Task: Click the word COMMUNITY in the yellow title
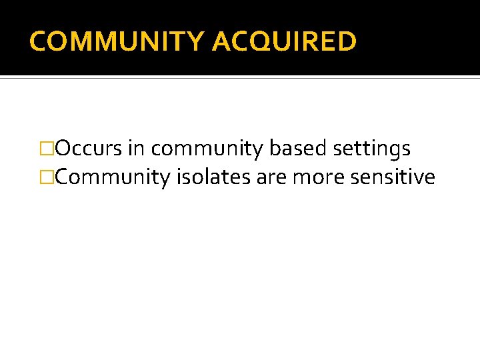(x=117, y=41)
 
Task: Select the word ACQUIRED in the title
(x=284, y=41)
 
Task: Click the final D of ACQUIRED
(x=347, y=41)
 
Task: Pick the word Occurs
(x=89, y=149)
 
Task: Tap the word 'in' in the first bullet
(x=136, y=149)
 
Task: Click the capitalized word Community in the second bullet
(x=114, y=178)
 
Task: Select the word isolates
(x=215, y=177)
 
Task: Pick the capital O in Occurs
(x=65, y=149)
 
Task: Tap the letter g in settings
(x=390, y=151)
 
